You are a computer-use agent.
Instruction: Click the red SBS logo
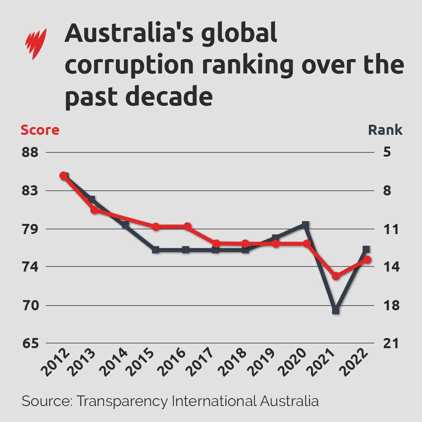pyautogui.click(x=36, y=44)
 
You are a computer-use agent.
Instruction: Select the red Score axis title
pyautogui.click(x=40, y=130)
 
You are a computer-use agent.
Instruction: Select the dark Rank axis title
pyautogui.click(x=385, y=130)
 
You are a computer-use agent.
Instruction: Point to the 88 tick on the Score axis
pyautogui.click(x=30, y=152)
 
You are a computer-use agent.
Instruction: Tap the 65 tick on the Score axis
pyautogui.click(x=30, y=343)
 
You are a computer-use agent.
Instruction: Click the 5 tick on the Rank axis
pyautogui.click(x=387, y=152)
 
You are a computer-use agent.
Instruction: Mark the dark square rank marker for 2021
pyautogui.click(x=336, y=310)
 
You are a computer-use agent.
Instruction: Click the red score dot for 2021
pyautogui.click(x=336, y=276)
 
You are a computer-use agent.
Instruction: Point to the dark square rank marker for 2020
pyautogui.click(x=306, y=225)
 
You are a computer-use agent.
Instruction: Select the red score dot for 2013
pyautogui.click(x=95, y=210)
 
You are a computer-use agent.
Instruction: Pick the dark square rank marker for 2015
pyautogui.click(x=156, y=250)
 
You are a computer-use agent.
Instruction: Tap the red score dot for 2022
pyautogui.click(x=367, y=260)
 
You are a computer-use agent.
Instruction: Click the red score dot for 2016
pyautogui.click(x=187, y=227)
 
